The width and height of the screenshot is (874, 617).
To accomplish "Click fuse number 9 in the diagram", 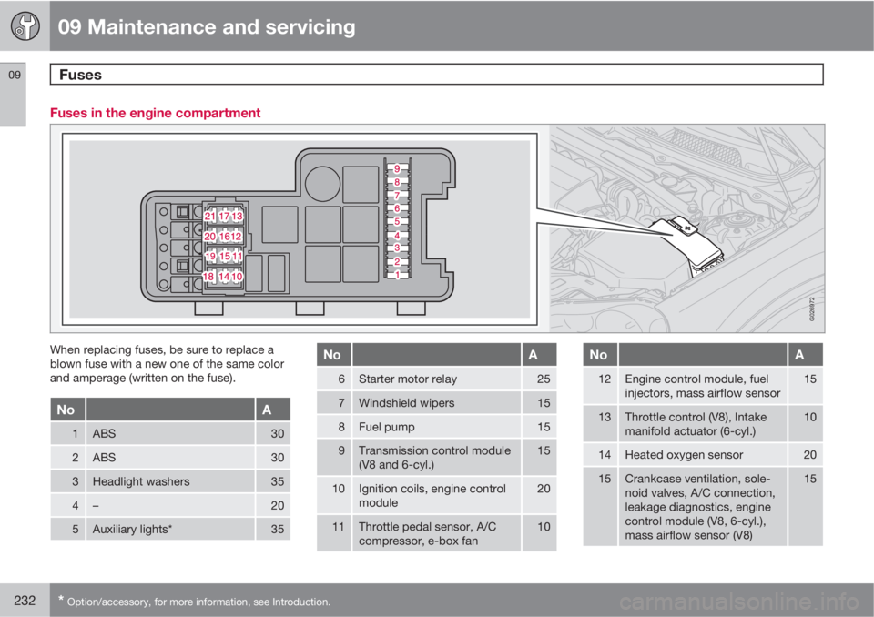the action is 397,168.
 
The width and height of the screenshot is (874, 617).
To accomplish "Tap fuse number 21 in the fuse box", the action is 210,216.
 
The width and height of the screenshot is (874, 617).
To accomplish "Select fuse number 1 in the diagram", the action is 397,274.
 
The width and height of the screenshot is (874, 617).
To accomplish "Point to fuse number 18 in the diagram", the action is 208,276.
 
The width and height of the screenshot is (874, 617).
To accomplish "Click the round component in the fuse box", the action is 322,184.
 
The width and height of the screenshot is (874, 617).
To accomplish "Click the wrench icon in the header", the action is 25,25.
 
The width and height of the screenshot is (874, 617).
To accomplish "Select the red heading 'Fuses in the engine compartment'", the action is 155,113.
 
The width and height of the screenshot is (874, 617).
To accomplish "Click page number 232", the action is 25,601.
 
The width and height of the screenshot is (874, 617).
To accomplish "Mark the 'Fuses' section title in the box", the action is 80,75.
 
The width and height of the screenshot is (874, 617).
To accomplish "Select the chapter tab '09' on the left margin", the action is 14,75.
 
